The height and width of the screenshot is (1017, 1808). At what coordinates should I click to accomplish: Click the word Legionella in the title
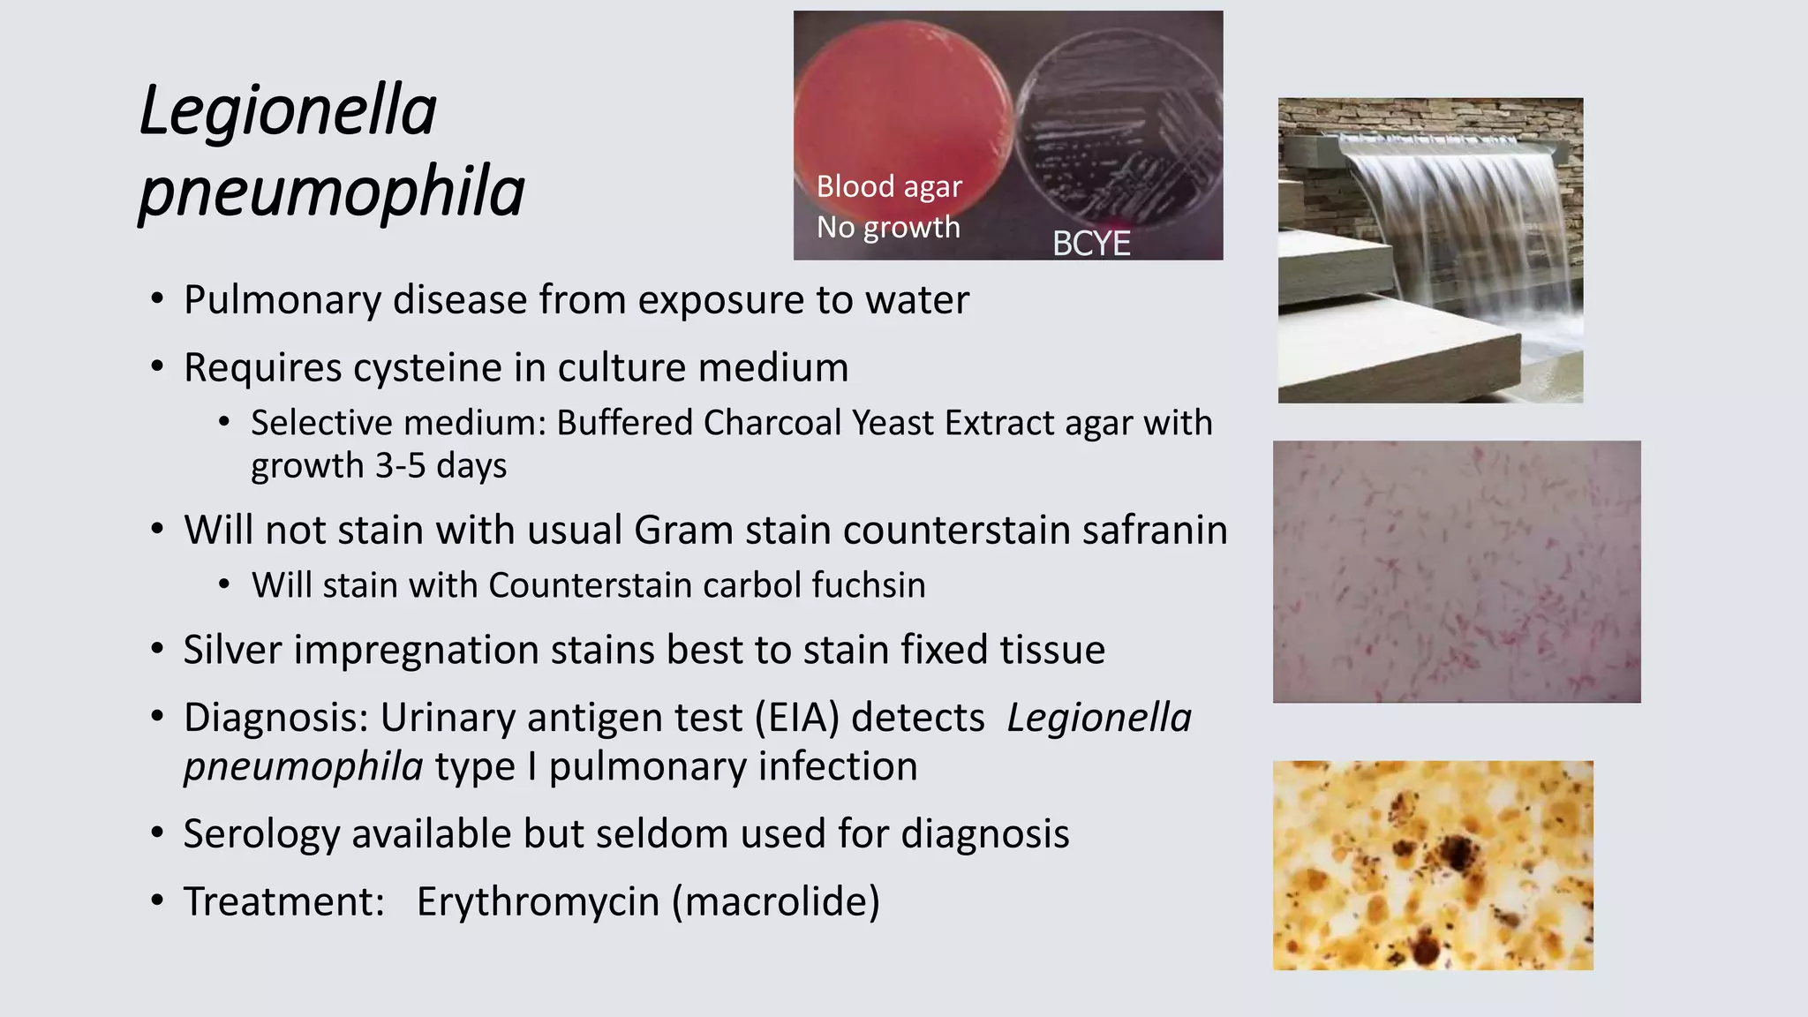point(288,111)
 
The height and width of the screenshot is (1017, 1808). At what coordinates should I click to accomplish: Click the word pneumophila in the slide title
point(332,192)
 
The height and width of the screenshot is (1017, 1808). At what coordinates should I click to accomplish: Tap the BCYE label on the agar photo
point(1091,244)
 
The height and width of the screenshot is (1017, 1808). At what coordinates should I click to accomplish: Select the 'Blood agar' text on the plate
point(889,186)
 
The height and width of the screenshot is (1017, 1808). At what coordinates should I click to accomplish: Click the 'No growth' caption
point(888,227)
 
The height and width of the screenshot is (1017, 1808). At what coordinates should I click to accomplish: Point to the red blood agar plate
point(900,106)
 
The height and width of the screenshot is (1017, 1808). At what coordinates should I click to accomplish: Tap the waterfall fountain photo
point(1430,251)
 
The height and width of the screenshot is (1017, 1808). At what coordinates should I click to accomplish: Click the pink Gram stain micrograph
point(1457,572)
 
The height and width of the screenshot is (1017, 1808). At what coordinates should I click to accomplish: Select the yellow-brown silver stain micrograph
point(1433,865)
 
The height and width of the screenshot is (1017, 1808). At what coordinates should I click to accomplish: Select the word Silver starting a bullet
point(232,650)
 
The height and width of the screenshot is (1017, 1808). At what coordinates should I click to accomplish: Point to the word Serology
point(261,834)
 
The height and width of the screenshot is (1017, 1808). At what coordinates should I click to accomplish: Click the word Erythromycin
point(538,901)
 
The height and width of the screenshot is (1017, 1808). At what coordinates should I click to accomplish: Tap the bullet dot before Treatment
point(157,901)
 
